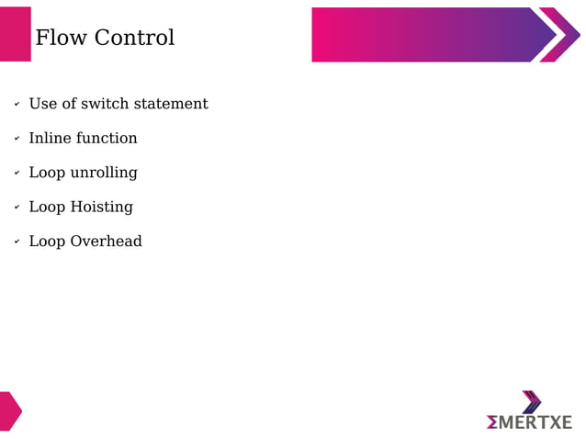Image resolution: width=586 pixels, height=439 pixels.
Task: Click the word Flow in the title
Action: pos(59,38)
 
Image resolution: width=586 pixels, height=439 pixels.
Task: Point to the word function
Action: pos(107,138)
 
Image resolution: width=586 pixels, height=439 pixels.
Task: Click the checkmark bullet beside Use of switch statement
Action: pos(17,105)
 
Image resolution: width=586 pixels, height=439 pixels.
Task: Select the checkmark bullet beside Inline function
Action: pos(17,139)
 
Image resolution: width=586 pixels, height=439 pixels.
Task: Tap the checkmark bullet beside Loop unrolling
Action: pos(17,174)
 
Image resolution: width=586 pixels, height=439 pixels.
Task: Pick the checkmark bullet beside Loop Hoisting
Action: pos(17,208)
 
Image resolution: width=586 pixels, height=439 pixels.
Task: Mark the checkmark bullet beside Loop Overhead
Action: pos(17,242)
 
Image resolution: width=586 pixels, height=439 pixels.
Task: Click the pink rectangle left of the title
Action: pos(15,35)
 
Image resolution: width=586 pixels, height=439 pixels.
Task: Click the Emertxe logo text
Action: pos(529,422)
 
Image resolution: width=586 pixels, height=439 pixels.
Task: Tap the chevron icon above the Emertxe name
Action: pos(531,401)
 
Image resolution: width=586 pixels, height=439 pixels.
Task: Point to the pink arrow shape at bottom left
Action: pos(9,411)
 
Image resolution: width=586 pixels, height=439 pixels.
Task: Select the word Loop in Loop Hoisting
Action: pos(47,207)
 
